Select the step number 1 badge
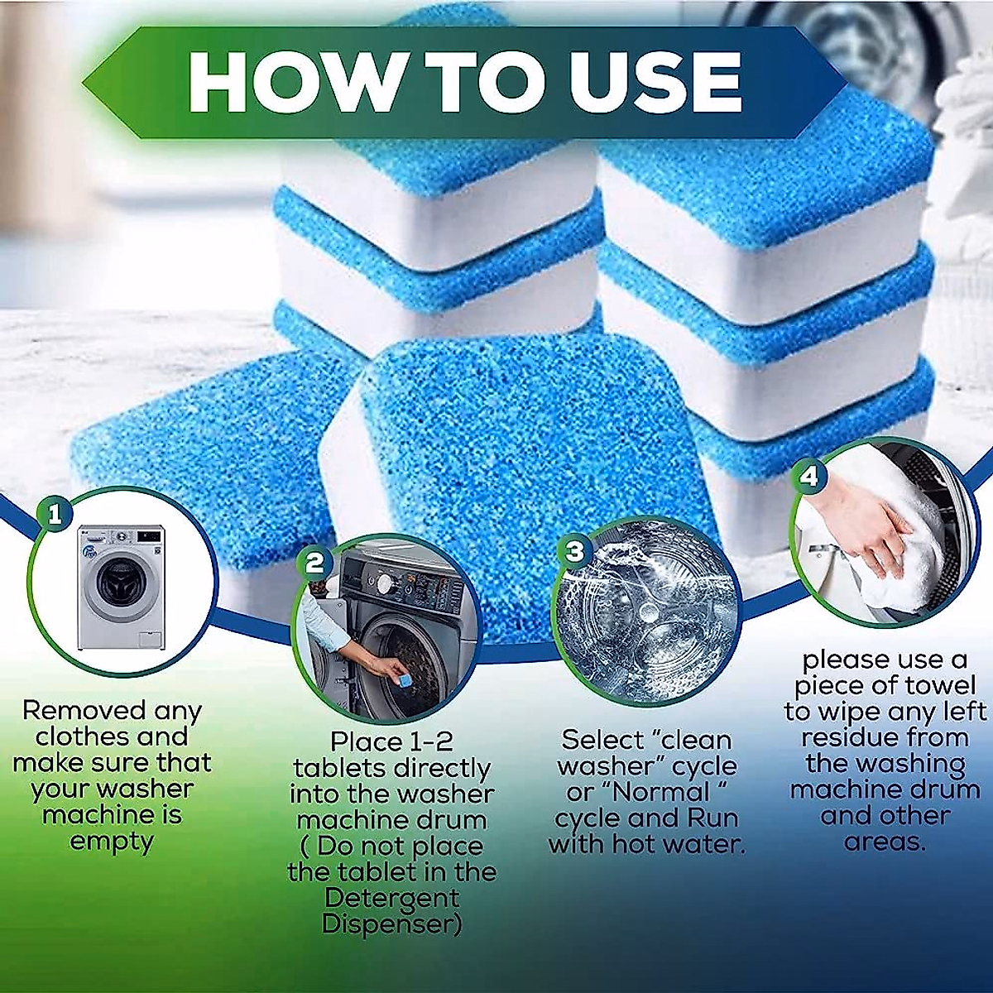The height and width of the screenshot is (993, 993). [x=55, y=516]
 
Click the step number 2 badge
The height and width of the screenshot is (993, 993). [x=314, y=563]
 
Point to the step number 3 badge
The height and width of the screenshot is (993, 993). [x=574, y=550]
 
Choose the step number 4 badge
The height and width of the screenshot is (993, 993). [x=808, y=476]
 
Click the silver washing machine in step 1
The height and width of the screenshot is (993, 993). [x=121, y=588]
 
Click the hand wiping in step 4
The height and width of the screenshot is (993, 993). [x=861, y=530]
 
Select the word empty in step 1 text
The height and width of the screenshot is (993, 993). [x=112, y=842]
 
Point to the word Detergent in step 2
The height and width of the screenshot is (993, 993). [x=392, y=898]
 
